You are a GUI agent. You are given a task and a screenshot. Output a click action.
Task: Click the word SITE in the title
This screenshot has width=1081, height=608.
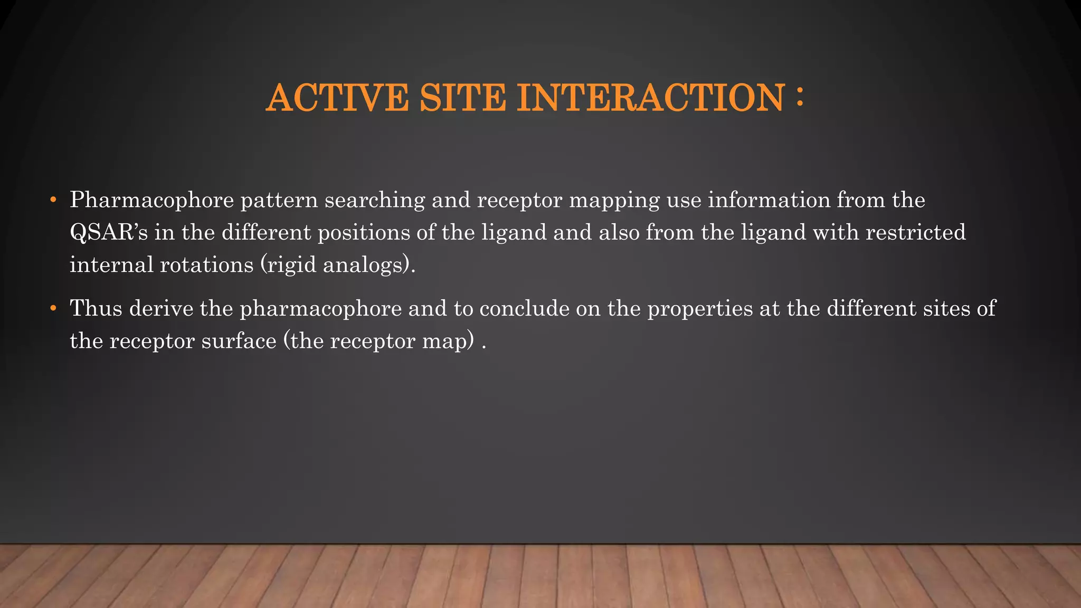(x=462, y=98)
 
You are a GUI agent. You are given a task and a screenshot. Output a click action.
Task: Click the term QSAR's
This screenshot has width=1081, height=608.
(x=109, y=233)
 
